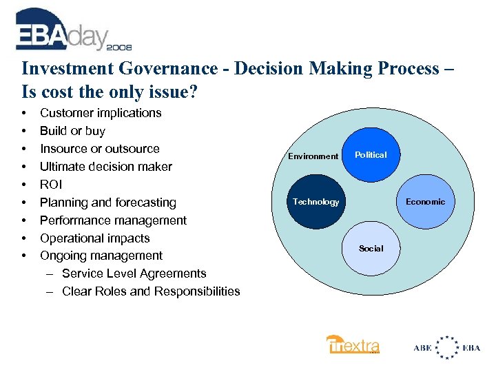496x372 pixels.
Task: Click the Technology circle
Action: tap(316, 202)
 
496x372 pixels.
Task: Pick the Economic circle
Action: tap(425, 202)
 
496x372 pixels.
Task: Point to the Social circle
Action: tap(371, 248)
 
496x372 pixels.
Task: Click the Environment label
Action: tap(313, 156)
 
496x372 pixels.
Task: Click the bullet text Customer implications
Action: tap(101, 113)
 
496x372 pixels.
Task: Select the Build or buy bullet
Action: tap(72, 131)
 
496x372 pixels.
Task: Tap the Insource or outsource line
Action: tap(99, 149)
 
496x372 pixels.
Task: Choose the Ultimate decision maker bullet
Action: tap(106, 167)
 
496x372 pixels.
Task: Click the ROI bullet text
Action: tap(50, 185)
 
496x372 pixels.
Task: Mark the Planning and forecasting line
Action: tap(107, 203)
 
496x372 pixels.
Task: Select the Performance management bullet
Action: tap(113, 220)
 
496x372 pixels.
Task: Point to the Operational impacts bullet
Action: tap(94, 238)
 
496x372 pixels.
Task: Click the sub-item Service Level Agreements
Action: tap(134, 273)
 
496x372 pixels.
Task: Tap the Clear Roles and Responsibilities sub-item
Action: tap(151, 291)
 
